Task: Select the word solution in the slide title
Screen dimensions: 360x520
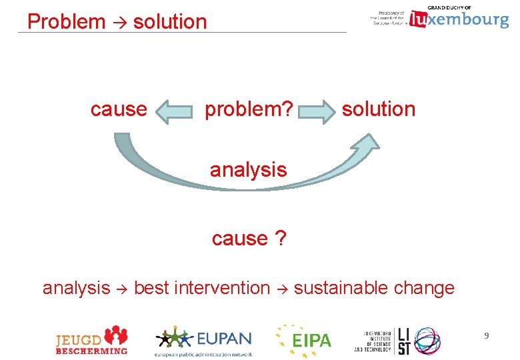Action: coord(170,21)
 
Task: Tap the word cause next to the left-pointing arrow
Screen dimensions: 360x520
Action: coord(119,109)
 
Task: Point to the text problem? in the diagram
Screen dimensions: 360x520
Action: coord(248,109)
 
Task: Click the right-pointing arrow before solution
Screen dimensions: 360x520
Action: coord(317,111)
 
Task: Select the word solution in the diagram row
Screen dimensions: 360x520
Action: coord(378,109)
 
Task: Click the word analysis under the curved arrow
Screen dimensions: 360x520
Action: coord(248,170)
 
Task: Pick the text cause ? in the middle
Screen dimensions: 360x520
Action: coord(249,237)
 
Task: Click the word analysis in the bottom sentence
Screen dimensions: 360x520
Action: coord(76,288)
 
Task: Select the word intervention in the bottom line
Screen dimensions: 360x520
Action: coord(221,288)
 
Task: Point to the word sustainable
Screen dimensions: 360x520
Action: coord(341,288)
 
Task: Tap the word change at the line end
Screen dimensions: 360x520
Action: coord(424,288)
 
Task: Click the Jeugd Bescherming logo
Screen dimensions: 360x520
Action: coord(91,340)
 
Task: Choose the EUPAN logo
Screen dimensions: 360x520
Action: coord(203,341)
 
